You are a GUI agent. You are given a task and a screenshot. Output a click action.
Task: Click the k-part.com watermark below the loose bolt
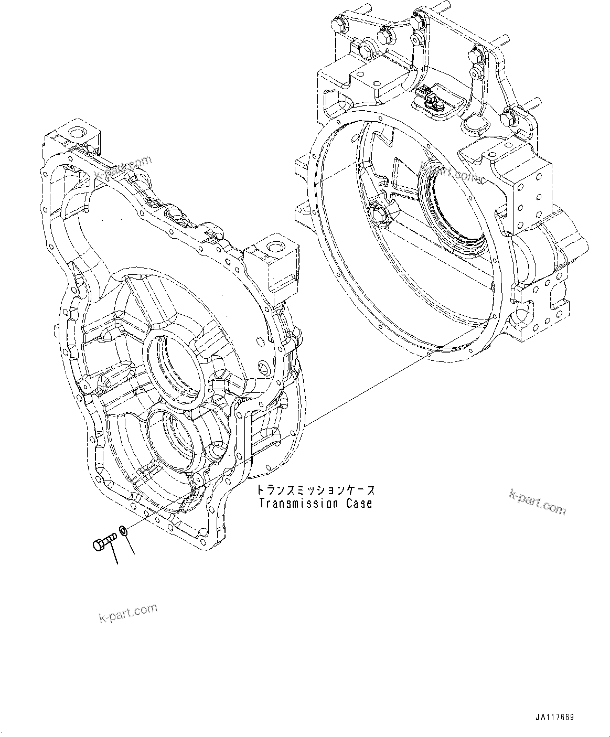pyautogui.click(x=127, y=613)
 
